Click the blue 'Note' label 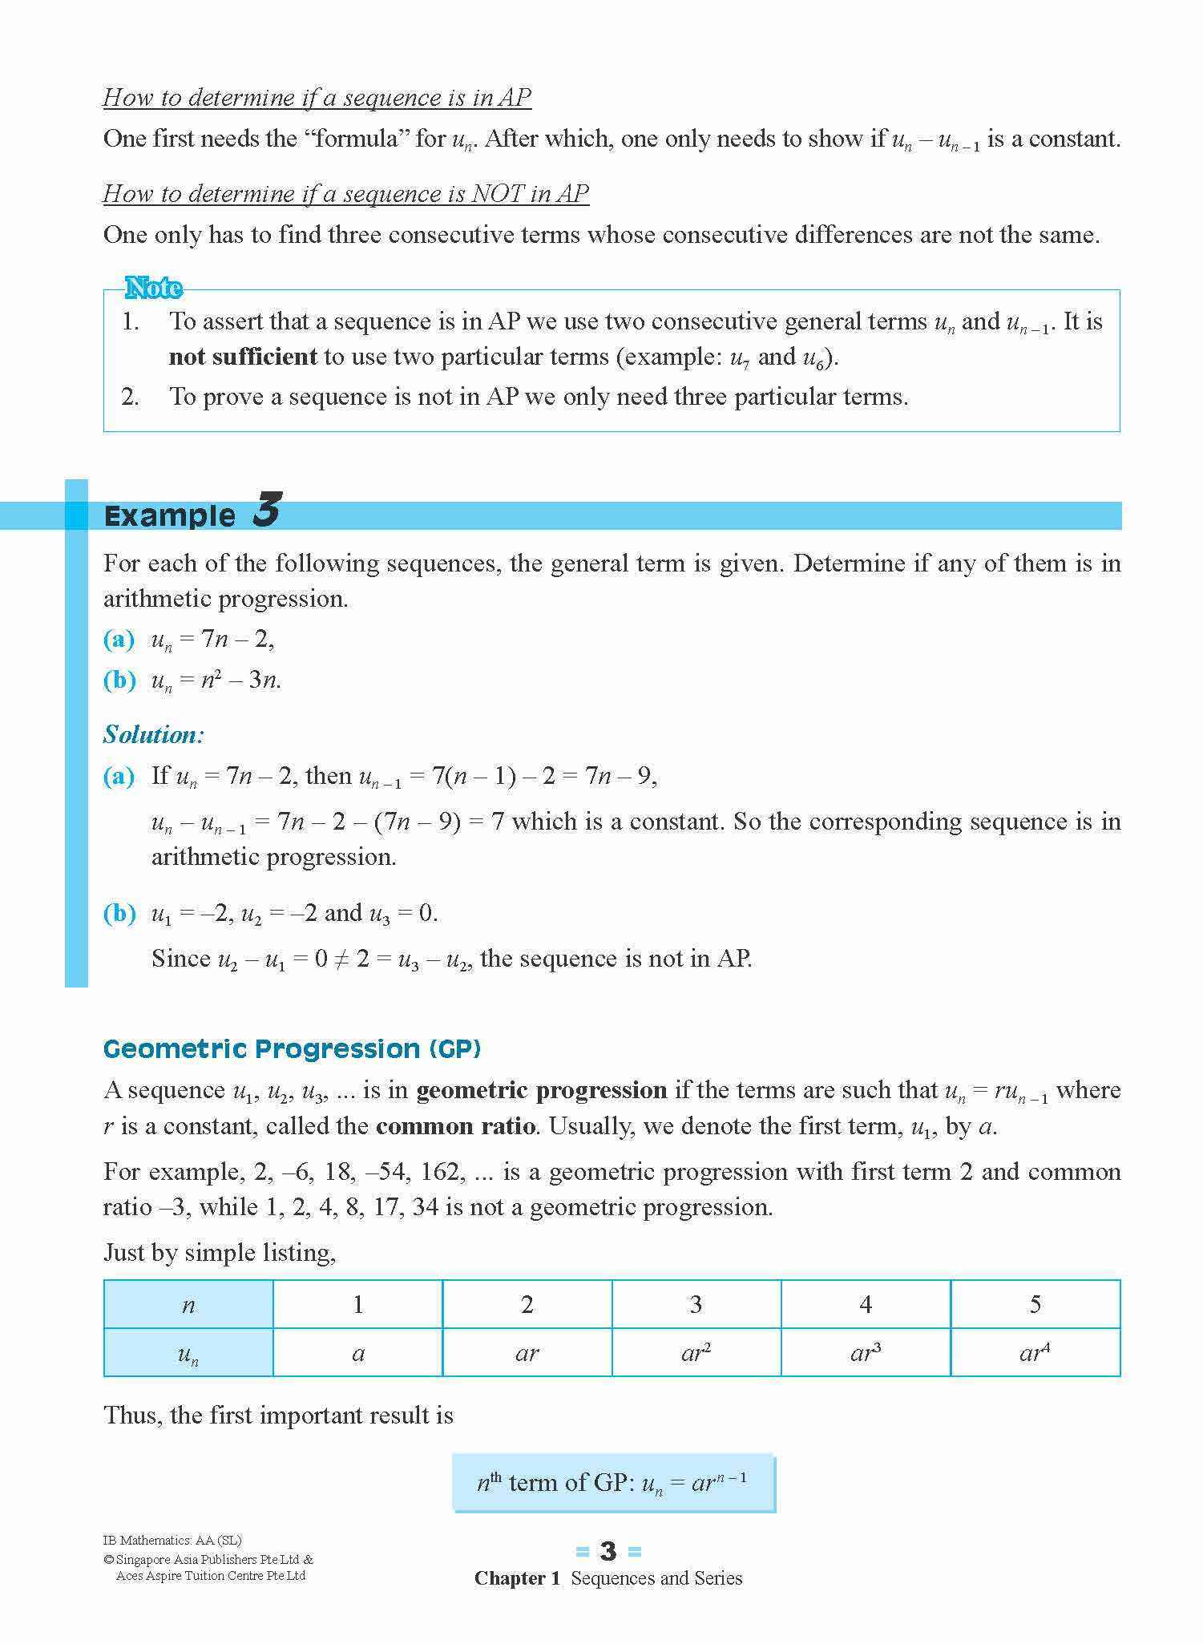click(x=153, y=288)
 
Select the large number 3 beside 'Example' click(x=266, y=510)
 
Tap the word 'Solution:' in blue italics click(x=154, y=734)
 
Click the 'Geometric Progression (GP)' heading click(x=292, y=1048)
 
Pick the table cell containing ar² click(x=696, y=1353)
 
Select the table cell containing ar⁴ click(x=1034, y=1353)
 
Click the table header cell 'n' click(x=188, y=1305)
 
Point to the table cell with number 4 click(x=866, y=1305)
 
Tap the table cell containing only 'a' click(x=357, y=1353)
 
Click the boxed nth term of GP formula click(x=613, y=1483)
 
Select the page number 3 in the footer click(x=608, y=1552)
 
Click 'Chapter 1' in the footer click(x=517, y=1578)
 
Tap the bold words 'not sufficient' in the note click(x=243, y=357)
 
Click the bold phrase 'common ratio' click(x=455, y=1126)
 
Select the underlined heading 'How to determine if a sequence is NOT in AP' click(x=346, y=193)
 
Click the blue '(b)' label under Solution click(x=119, y=913)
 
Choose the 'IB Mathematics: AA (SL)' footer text click(x=172, y=1540)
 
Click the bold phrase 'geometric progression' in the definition click(x=542, y=1090)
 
